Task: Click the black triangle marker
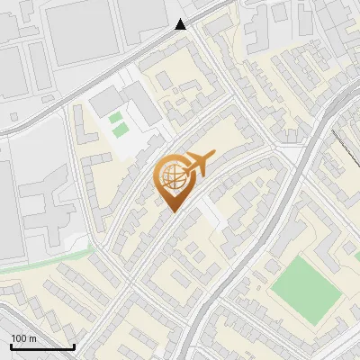(182, 24)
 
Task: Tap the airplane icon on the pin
(198, 165)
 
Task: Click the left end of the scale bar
(12, 346)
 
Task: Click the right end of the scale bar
(74, 346)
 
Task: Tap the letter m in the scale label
(31, 338)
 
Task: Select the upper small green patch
(115, 117)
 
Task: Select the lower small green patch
(120, 131)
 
